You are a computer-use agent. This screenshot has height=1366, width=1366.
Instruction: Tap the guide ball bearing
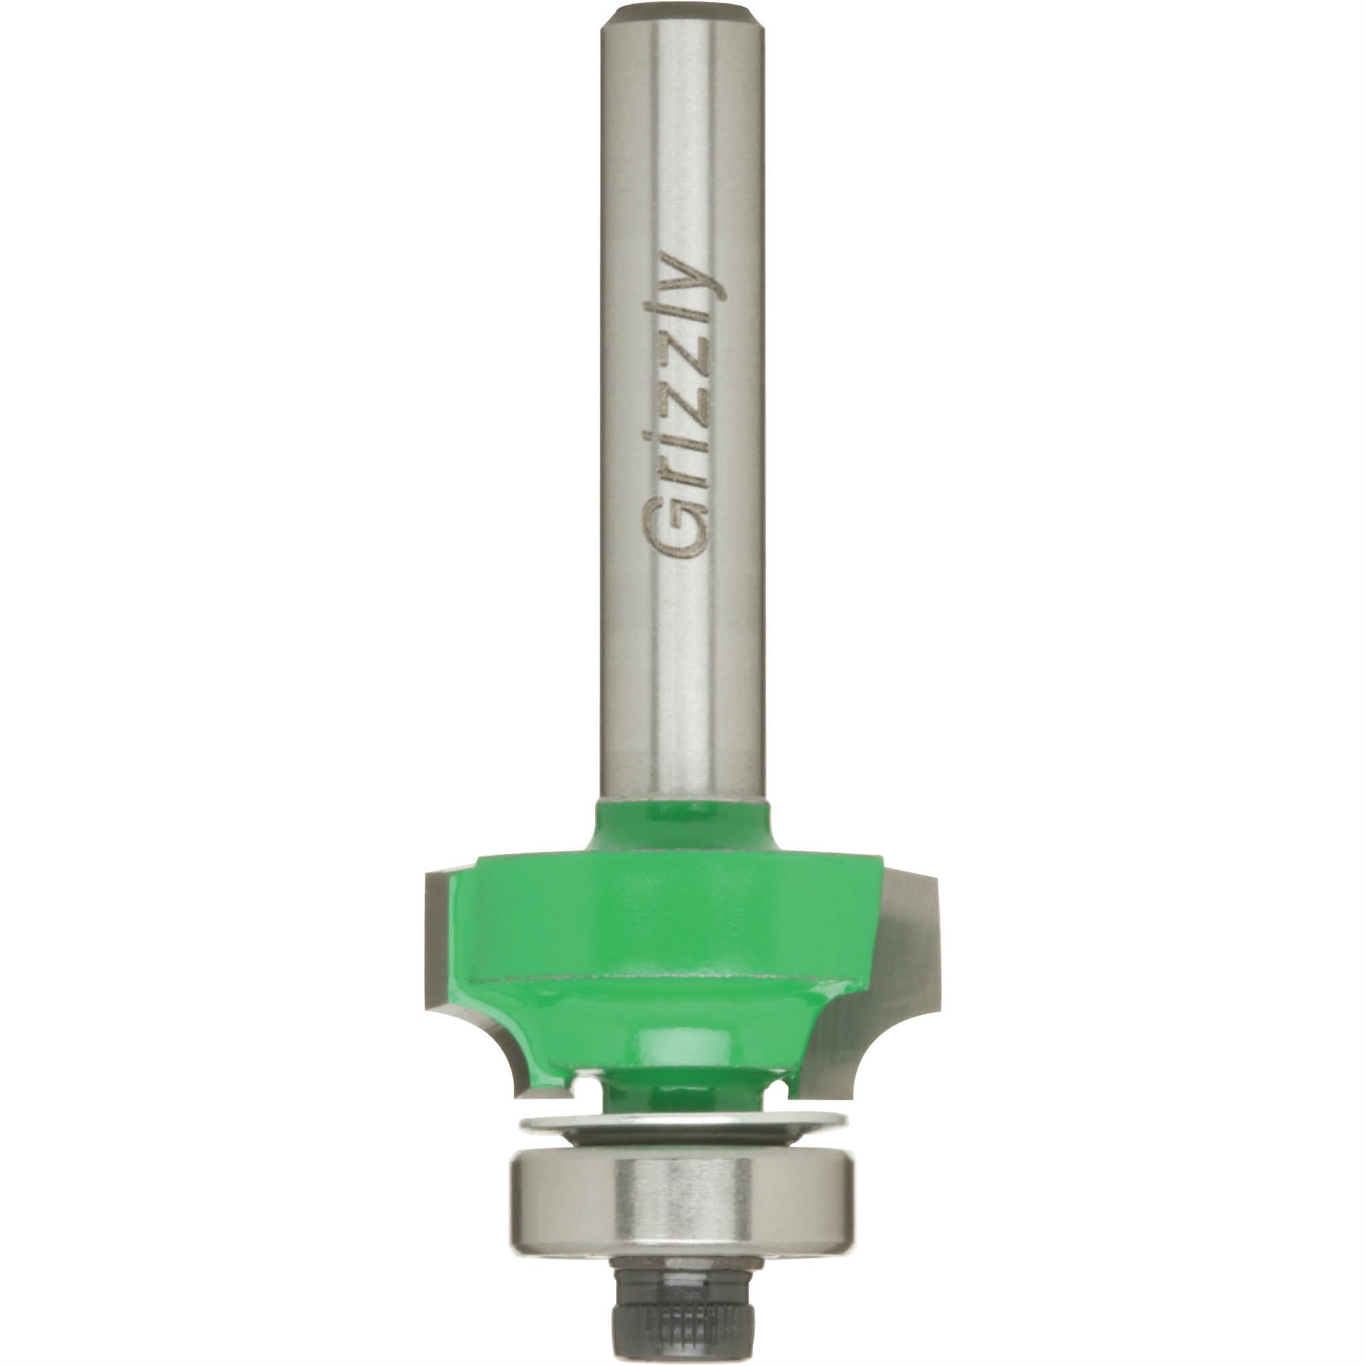683,1202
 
